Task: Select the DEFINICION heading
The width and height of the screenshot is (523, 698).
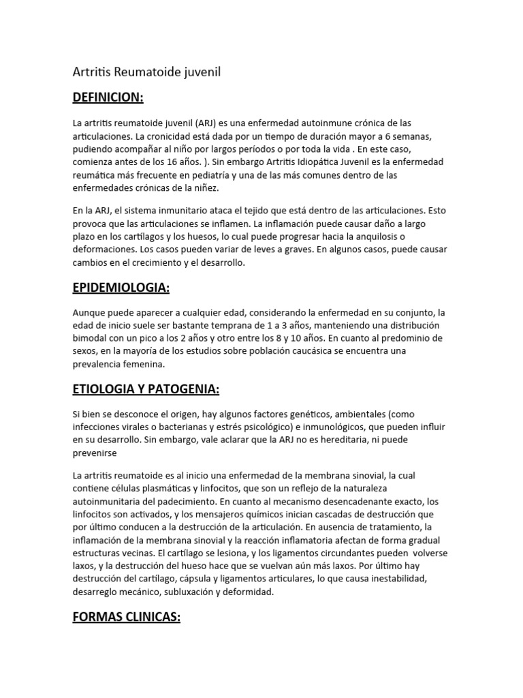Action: click(108, 97)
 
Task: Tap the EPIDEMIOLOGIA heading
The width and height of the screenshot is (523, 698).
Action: click(121, 288)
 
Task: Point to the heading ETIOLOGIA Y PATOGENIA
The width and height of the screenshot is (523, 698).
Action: click(145, 389)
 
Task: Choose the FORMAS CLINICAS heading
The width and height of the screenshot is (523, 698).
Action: click(126, 618)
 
